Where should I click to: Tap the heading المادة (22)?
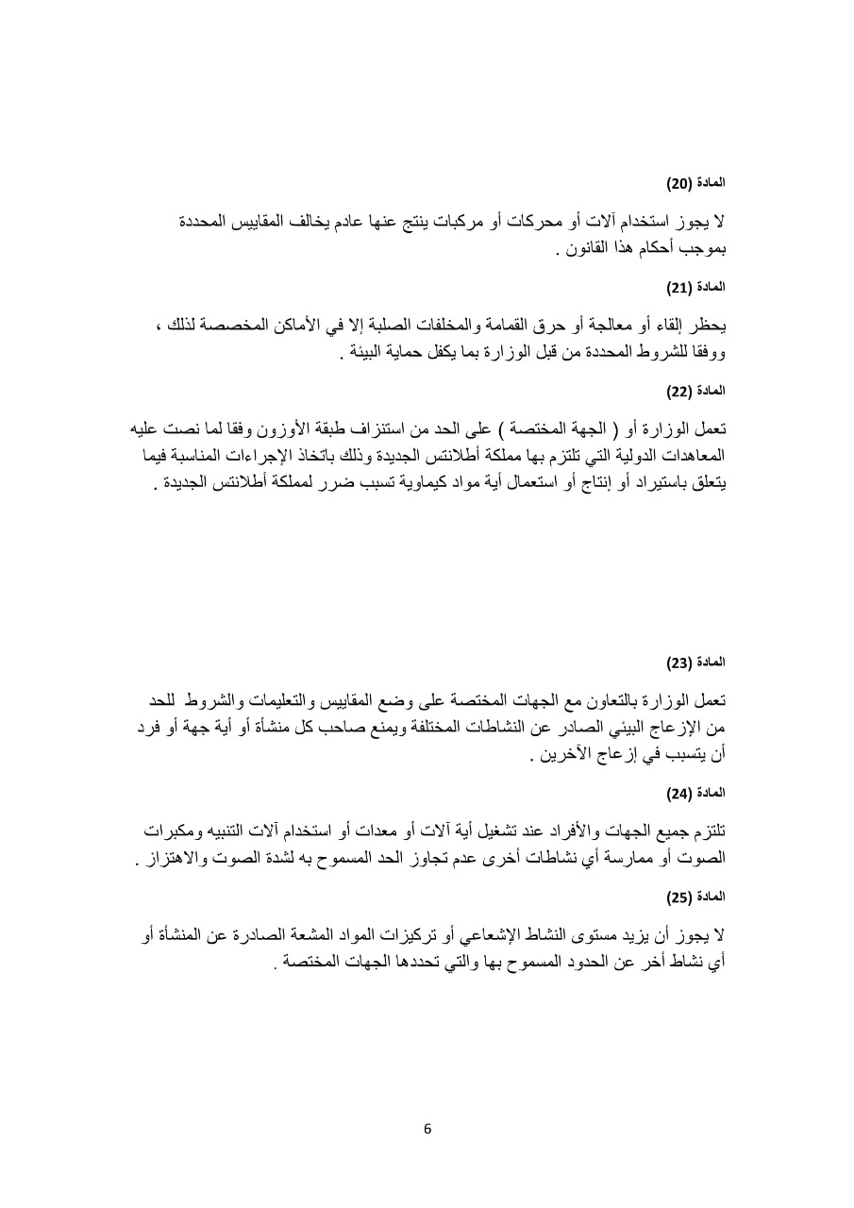click(x=703, y=390)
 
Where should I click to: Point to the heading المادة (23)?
click(x=703, y=663)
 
